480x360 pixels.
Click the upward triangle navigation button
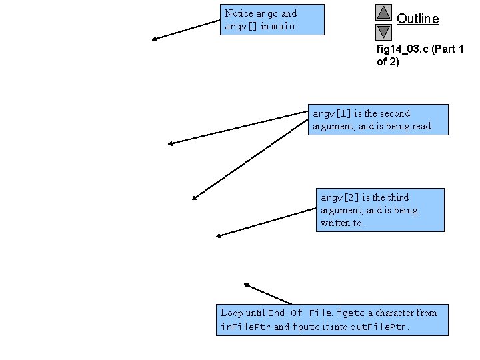tap(383, 12)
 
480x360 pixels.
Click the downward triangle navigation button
tap(383, 31)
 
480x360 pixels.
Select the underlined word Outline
tap(418, 19)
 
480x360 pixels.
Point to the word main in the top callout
tap(283, 27)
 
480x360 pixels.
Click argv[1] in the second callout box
tap(327, 113)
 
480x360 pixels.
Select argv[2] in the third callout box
tap(339, 197)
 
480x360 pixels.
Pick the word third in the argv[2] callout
tap(397, 197)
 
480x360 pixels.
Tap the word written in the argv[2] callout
tap(335, 223)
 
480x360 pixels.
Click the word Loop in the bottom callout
tap(231, 313)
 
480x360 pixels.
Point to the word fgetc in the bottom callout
tap(351, 313)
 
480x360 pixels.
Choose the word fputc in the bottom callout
tap(307, 327)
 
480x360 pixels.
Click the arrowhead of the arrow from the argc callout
tap(155, 39)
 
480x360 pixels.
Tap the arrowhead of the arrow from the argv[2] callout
tap(219, 235)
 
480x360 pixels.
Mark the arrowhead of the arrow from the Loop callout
tap(246, 285)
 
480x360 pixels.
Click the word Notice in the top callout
tap(238, 13)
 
